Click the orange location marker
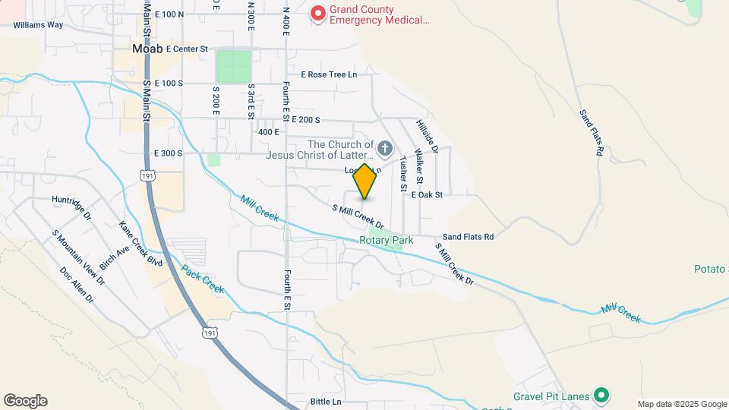pos(365,181)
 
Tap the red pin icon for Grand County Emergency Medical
pos(318,14)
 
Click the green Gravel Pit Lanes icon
pos(601,394)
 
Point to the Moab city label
pos(148,48)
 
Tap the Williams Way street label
pos(38,24)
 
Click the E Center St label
pos(182,49)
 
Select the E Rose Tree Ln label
pos(329,74)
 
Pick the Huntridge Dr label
pos(71,200)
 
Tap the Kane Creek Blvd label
pos(141,243)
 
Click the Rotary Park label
pos(386,241)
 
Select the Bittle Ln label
pos(327,402)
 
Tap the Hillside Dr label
pos(428,137)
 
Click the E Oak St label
pos(427,195)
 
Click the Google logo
pos(25,401)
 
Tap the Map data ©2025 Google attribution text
pos(682,404)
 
